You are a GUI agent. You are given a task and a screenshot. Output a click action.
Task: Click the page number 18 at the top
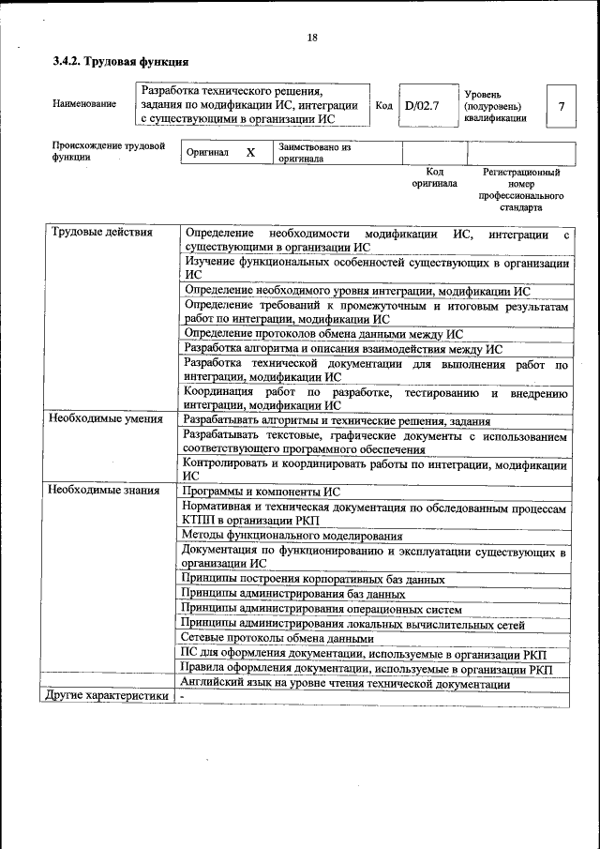pos(312,38)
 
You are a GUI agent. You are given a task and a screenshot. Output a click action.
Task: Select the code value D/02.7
pos(421,106)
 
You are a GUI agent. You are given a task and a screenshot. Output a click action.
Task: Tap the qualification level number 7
pos(561,106)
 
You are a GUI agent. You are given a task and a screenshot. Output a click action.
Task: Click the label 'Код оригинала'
pos(434,178)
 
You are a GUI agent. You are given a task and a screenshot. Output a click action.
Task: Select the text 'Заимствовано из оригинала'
pos(313,153)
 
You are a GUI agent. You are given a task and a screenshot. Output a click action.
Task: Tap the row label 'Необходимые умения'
pos(106,419)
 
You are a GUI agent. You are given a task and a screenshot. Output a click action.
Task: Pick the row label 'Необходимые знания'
pos(104,491)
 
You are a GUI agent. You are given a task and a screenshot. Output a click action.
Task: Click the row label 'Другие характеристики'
pos(108,696)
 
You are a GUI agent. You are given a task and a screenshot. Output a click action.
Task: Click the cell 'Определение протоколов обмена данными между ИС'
pos(322,333)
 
